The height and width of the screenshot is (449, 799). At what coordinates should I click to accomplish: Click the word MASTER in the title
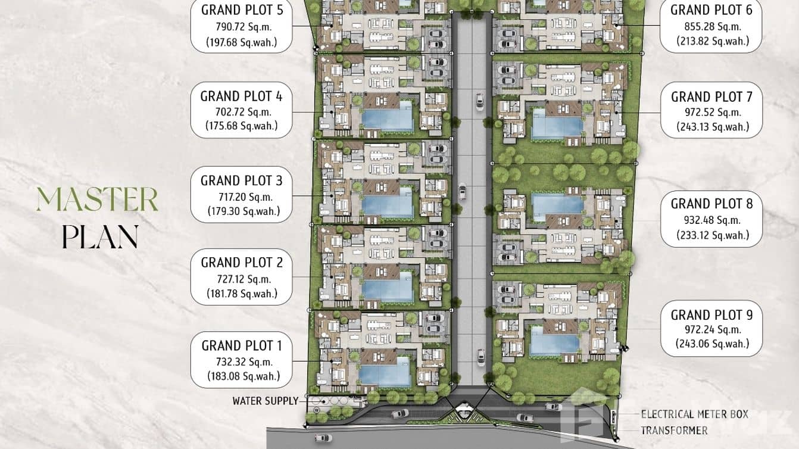click(x=97, y=199)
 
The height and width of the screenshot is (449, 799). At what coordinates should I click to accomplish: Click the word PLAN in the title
click(x=100, y=237)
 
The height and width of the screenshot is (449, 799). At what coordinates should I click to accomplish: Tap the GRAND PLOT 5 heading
click(x=242, y=10)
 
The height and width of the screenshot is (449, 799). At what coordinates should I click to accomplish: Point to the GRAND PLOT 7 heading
click(x=711, y=96)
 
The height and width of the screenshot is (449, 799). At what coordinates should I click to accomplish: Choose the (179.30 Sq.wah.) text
click(x=244, y=211)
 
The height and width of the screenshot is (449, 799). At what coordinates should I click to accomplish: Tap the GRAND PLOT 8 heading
click(x=711, y=204)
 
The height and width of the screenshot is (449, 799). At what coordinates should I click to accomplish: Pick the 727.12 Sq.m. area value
click(x=244, y=279)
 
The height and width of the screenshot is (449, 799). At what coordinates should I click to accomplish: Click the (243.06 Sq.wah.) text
click(x=711, y=344)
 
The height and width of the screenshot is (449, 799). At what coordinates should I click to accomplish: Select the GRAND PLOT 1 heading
click(x=242, y=345)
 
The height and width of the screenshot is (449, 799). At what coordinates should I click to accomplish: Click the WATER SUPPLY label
click(x=266, y=401)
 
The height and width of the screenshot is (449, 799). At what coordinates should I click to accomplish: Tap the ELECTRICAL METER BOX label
click(x=694, y=414)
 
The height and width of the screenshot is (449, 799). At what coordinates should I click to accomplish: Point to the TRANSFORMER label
click(x=674, y=431)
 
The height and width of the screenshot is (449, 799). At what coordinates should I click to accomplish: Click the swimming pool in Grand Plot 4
click(x=388, y=116)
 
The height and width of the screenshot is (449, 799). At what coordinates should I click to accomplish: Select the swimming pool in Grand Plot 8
click(x=557, y=205)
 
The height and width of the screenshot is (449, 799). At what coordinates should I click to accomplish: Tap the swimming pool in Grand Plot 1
click(x=385, y=372)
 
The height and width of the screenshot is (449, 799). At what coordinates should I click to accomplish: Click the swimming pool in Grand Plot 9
click(x=555, y=341)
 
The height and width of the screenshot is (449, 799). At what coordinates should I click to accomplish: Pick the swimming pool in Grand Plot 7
click(x=558, y=124)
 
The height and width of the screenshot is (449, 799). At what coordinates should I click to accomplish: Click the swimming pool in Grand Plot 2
click(x=388, y=286)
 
